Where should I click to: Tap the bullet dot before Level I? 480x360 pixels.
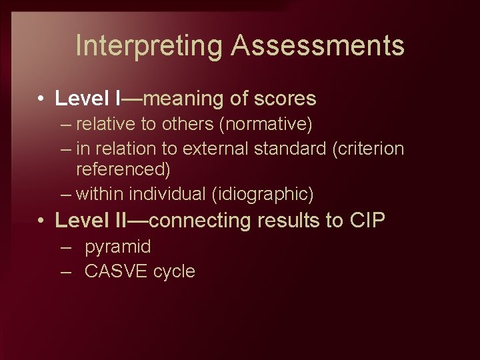pos(41,99)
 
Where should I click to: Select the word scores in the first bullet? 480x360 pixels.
pos(285,99)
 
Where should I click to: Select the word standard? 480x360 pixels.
pos(291,148)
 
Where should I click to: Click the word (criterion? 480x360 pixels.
pos(368,148)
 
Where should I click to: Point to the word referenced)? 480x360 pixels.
pos(123,170)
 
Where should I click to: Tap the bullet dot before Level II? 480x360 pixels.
pos(41,221)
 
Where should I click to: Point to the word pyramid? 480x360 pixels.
pos(118,247)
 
